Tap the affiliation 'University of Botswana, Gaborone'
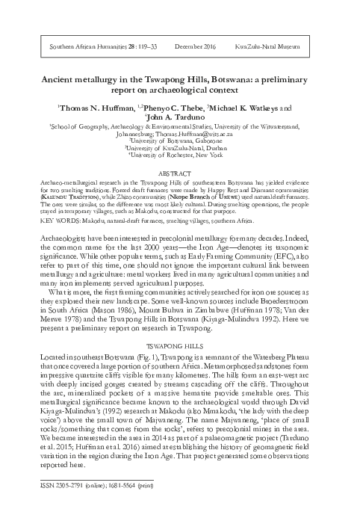(179, 139)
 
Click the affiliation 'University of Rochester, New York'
(179, 155)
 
